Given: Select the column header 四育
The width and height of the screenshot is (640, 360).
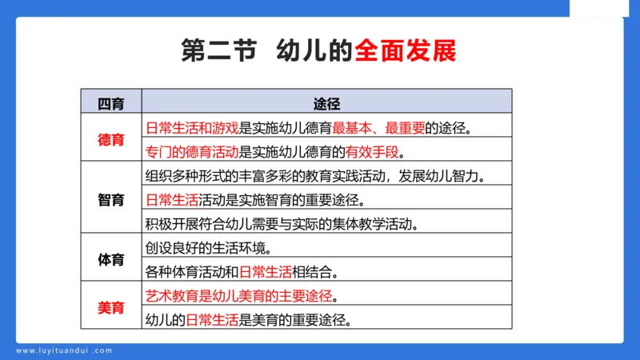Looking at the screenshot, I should [x=111, y=104].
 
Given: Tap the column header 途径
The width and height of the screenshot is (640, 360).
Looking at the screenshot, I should [x=327, y=104].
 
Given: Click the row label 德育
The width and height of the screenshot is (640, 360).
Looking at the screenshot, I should [x=111, y=139].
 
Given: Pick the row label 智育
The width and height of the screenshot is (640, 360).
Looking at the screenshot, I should [x=111, y=199].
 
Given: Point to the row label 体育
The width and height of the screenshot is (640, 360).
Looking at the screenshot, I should [x=111, y=259].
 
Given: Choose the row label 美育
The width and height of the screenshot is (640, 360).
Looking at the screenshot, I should [x=111, y=307].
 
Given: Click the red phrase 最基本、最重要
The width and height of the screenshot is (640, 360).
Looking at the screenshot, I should [x=378, y=127].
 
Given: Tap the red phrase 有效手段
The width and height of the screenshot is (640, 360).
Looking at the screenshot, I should [x=371, y=151].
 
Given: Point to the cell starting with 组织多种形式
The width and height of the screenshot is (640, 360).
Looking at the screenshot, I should [x=316, y=175].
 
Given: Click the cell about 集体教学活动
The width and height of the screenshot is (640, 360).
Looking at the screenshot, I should [x=293, y=223].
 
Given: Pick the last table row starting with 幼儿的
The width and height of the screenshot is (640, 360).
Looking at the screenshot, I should [x=248, y=319].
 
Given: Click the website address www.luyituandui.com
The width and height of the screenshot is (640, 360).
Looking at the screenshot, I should [x=64, y=350].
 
